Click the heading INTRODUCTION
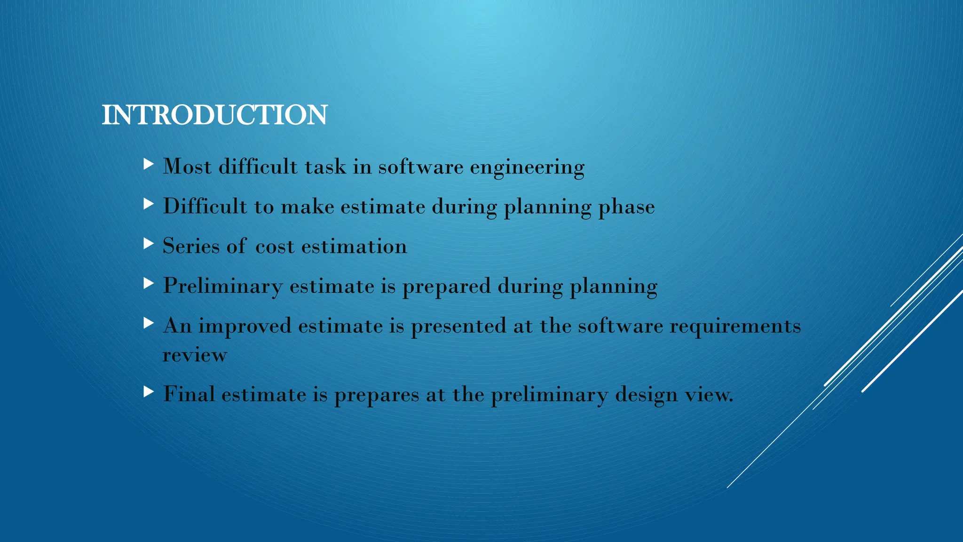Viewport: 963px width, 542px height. coord(214,115)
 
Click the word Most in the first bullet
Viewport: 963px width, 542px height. coord(187,167)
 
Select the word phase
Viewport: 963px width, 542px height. coord(626,207)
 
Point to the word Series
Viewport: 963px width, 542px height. coord(191,246)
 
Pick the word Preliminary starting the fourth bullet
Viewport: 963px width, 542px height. coord(222,286)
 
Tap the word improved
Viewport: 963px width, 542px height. coord(245,326)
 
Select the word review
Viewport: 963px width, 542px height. coord(195,355)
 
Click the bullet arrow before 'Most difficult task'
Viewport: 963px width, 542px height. coord(149,164)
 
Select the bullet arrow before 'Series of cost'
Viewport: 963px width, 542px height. coord(149,244)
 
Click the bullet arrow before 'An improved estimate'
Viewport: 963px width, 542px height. coord(149,323)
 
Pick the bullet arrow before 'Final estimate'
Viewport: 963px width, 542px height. coord(149,391)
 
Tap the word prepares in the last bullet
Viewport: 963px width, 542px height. coord(376,395)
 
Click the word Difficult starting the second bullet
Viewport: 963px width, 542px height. coord(205,206)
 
